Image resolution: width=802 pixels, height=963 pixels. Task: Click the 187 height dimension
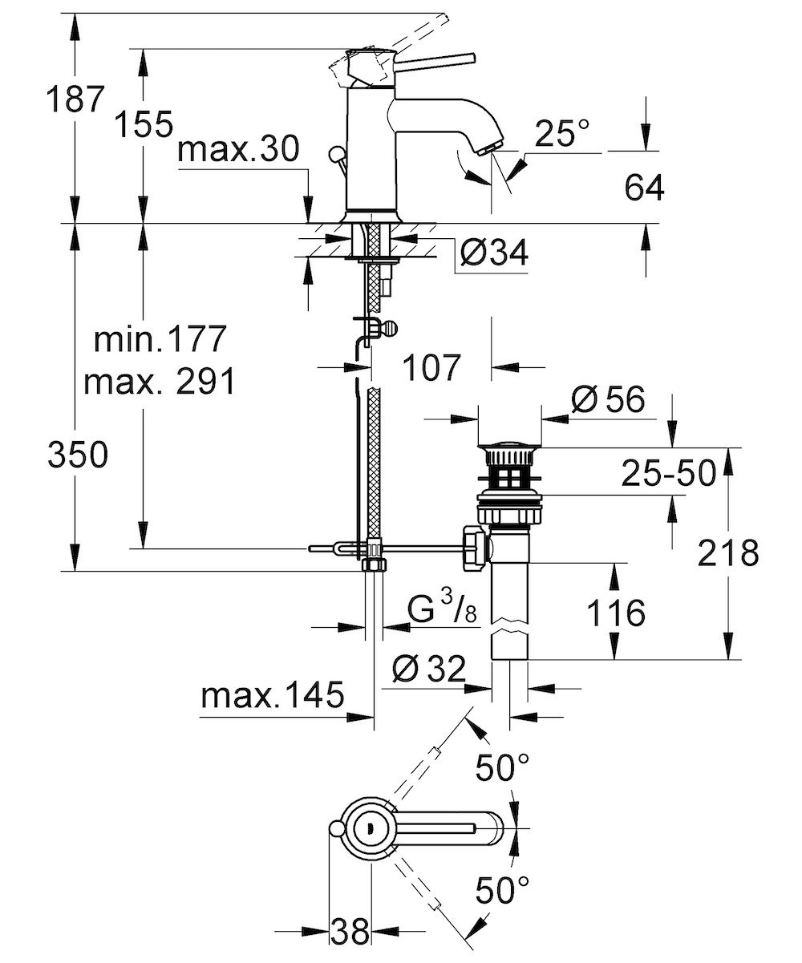coord(75,99)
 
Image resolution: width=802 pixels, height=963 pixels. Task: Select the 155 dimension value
coord(143,124)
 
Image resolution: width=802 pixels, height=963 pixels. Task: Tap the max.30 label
coord(238,149)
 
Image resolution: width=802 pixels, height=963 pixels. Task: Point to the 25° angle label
coord(561,133)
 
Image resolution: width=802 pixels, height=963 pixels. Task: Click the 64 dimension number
coord(644,188)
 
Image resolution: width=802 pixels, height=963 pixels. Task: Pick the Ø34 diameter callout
coord(494,253)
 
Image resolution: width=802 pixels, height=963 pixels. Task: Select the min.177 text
coord(160,338)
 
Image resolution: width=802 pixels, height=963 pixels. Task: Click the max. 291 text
coord(160,382)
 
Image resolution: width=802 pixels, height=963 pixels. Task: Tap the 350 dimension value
coord(78,455)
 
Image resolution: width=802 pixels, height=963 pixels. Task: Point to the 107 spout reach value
coord(431,367)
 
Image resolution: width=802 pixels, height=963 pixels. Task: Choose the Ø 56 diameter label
coord(608,399)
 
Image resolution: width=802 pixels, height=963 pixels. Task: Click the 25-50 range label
coord(669,473)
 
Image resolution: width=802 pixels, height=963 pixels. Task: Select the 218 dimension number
coord(728,553)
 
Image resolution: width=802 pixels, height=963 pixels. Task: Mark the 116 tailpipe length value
coord(616,613)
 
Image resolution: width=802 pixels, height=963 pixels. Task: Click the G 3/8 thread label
coord(442,608)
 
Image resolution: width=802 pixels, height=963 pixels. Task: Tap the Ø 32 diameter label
coord(429,669)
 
